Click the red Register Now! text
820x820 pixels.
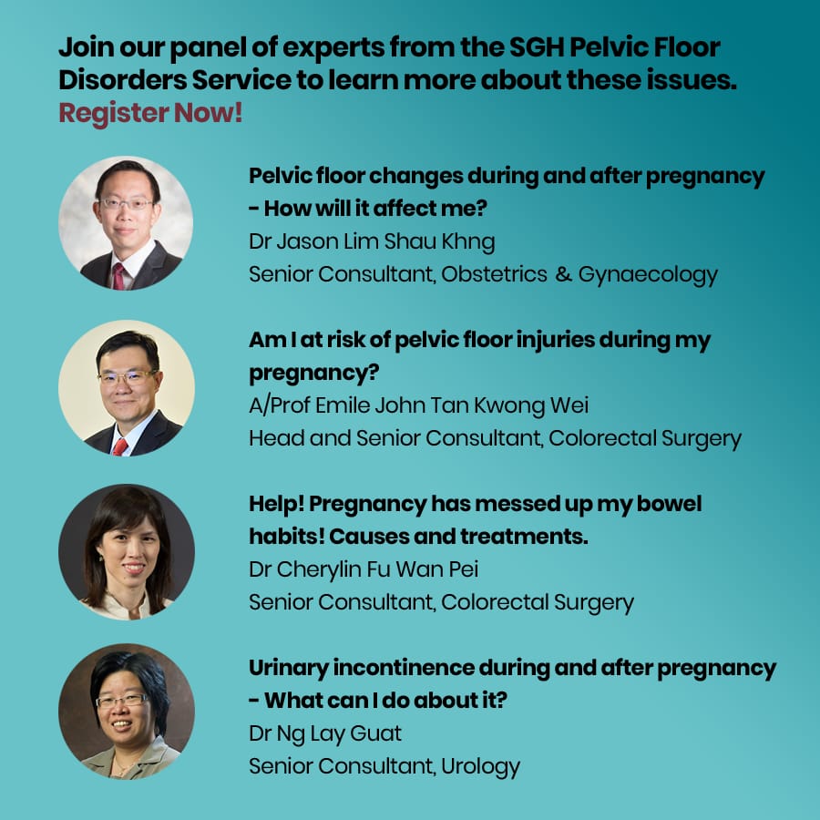150,113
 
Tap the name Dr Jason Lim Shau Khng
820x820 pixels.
372,242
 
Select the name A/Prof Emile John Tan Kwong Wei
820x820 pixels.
419,405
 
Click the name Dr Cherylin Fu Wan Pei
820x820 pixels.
364,569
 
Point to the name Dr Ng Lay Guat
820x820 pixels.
325,733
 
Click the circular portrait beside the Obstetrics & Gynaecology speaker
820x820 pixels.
126,223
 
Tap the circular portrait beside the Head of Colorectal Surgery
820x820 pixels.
126,387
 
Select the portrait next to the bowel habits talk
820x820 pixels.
126,552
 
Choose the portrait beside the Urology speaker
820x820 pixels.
126,712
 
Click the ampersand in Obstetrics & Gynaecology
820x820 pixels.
563,274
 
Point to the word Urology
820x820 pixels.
480,766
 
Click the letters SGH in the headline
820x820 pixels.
537,47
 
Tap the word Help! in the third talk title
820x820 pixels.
276,504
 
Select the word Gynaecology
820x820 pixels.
648,275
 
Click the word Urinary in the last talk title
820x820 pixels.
289,669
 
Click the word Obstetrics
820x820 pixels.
494,274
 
